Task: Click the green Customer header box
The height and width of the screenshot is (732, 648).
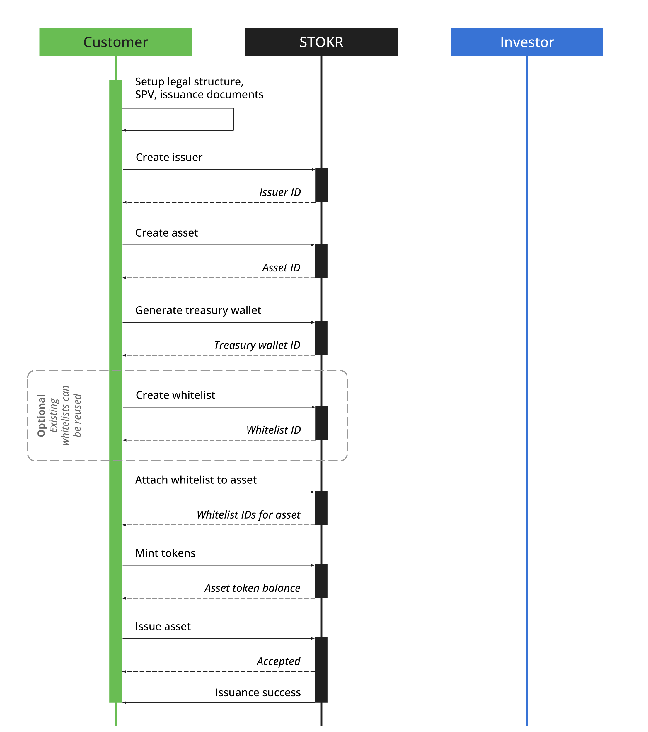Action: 115,42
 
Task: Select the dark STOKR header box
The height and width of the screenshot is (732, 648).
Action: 321,42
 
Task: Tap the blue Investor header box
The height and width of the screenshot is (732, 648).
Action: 527,42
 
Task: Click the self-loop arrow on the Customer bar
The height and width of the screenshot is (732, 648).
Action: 233,119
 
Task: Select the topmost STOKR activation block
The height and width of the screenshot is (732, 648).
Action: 321,185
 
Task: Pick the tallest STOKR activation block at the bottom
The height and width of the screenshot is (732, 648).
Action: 321,669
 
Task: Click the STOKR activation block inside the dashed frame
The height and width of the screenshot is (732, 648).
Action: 321,423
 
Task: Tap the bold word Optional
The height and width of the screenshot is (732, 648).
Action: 41,415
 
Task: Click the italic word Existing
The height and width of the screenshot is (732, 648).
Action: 53,415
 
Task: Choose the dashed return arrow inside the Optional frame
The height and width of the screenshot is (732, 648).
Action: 219,440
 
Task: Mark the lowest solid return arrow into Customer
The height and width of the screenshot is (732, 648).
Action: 219,702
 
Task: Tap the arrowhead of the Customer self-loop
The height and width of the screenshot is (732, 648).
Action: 124,130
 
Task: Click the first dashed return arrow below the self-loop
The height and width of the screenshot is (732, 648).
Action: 219,202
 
